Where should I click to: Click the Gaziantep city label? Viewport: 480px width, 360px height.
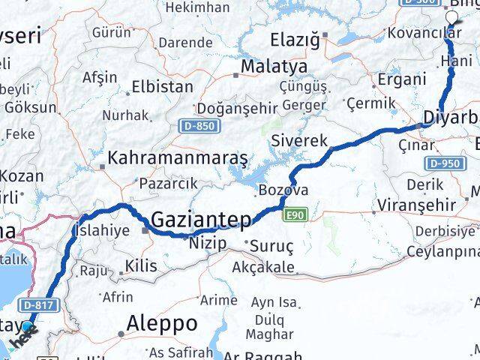(203, 219)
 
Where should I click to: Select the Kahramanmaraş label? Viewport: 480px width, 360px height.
(178, 159)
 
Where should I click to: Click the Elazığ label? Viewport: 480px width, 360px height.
(300, 37)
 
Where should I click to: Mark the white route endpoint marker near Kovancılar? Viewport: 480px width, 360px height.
(451, 19)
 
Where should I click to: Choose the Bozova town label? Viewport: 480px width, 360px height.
(283, 190)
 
